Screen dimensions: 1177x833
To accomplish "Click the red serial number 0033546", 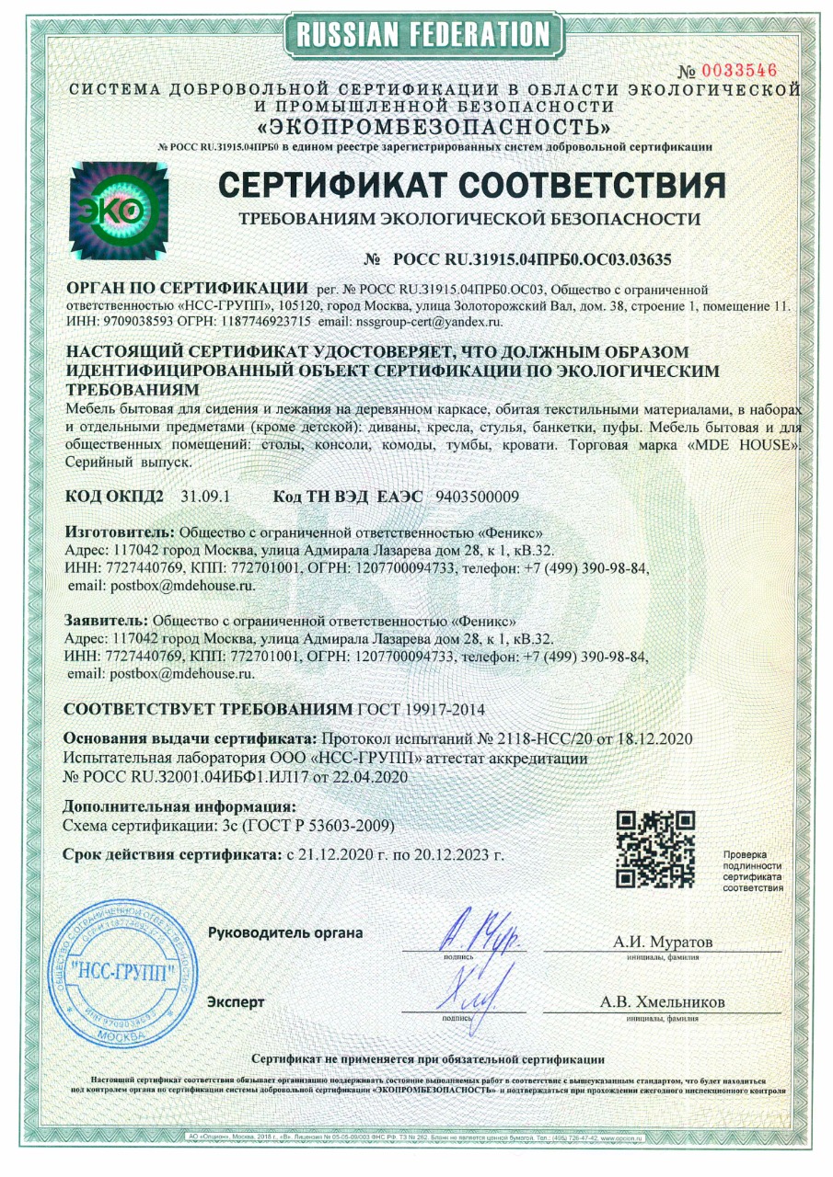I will coord(740,71).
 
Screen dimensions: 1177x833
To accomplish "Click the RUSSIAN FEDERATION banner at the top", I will coord(423,35).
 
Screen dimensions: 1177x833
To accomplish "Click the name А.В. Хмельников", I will coord(662,1002).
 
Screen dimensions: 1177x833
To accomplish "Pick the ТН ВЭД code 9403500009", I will coord(476,497).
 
